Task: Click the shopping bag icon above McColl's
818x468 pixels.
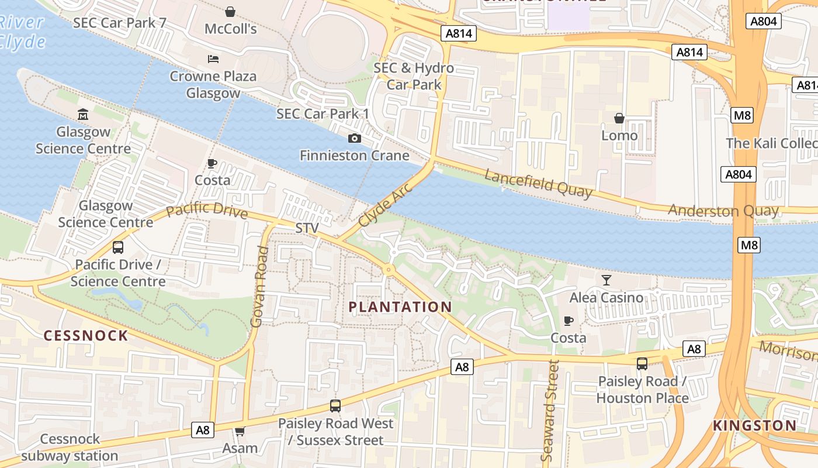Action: [x=230, y=12]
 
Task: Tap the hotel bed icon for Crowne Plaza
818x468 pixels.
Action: [x=213, y=59]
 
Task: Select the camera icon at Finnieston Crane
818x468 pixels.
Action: [x=354, y=139]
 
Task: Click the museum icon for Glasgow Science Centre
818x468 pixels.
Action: [x=83, y=115]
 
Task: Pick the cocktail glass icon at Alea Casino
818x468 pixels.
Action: [x=606, y=280]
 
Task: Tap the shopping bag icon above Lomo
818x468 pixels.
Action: [x=619, y=119]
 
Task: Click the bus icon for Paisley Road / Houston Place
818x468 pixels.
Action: [x=642, y=364]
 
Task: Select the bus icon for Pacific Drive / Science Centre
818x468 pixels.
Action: [x=118, y=247]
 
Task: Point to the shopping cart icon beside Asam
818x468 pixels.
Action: [x=240, y=432]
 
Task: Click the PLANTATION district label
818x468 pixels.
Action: [x=400, y=307]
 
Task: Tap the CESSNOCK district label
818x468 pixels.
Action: [x=86, y=335]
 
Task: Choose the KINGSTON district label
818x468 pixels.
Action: [x=754, y=425]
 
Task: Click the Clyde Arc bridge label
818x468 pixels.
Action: [x=386, y=205]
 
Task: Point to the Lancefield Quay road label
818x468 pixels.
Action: [x=538, y=183]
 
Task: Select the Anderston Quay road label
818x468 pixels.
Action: [x=723, y=211]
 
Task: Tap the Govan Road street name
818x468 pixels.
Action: [x=259, y=287]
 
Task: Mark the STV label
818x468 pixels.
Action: [x=307, y=228]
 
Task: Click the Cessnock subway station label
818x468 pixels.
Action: [x=70, y=448]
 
